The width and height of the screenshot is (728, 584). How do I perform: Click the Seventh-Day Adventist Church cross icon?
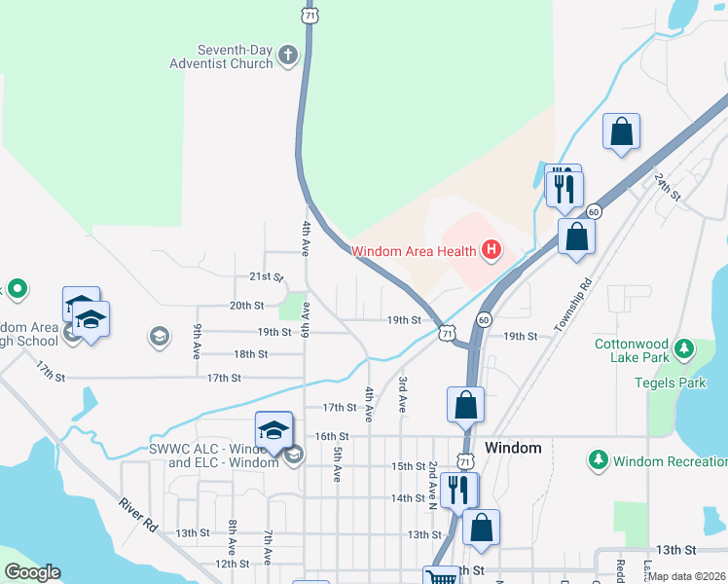287,55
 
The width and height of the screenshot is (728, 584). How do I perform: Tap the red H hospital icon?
491,251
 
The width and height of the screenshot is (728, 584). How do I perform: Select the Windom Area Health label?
414,251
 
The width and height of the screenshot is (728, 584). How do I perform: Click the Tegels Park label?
678,383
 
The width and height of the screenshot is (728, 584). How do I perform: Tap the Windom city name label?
512,448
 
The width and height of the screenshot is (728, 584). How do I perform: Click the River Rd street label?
138,515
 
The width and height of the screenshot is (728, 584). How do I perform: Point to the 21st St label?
265,277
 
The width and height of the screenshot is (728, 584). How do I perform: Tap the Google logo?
33,572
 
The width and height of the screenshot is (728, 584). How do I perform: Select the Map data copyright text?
687,576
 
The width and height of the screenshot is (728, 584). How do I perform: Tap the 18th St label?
250,354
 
